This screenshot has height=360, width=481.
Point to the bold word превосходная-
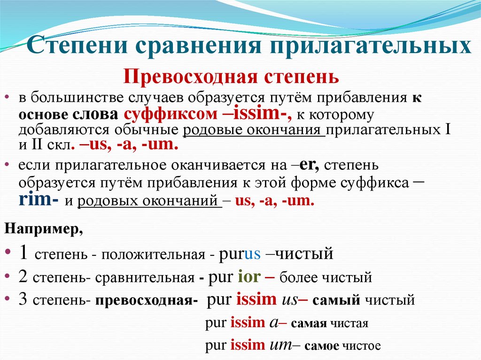[146, 300]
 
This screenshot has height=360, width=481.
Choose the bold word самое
[322, 346]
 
